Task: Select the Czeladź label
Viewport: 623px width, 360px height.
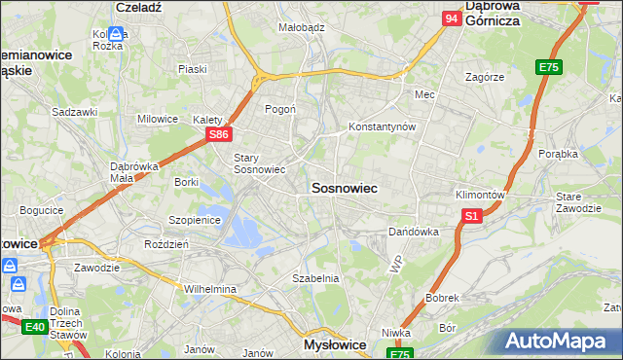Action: click(137, 6)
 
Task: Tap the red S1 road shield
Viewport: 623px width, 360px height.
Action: click(472, 217)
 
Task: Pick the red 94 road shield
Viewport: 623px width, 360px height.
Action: click(451, 18)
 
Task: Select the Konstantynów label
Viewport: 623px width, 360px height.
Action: click(383, 127)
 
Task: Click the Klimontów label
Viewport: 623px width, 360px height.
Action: click(480, 194)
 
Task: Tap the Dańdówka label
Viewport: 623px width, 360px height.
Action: click(414, 233)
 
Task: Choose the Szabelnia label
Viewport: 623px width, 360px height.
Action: click(315, 278)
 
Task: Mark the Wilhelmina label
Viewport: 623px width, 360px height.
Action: click(210, 289)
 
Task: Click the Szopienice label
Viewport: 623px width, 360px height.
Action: click(196, 221)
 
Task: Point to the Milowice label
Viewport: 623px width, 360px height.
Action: click(158, 119)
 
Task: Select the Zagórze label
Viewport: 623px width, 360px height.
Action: click(484, 76)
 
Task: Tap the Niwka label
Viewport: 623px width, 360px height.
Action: click(395, 333)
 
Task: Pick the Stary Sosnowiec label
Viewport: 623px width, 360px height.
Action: click(259, 162)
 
